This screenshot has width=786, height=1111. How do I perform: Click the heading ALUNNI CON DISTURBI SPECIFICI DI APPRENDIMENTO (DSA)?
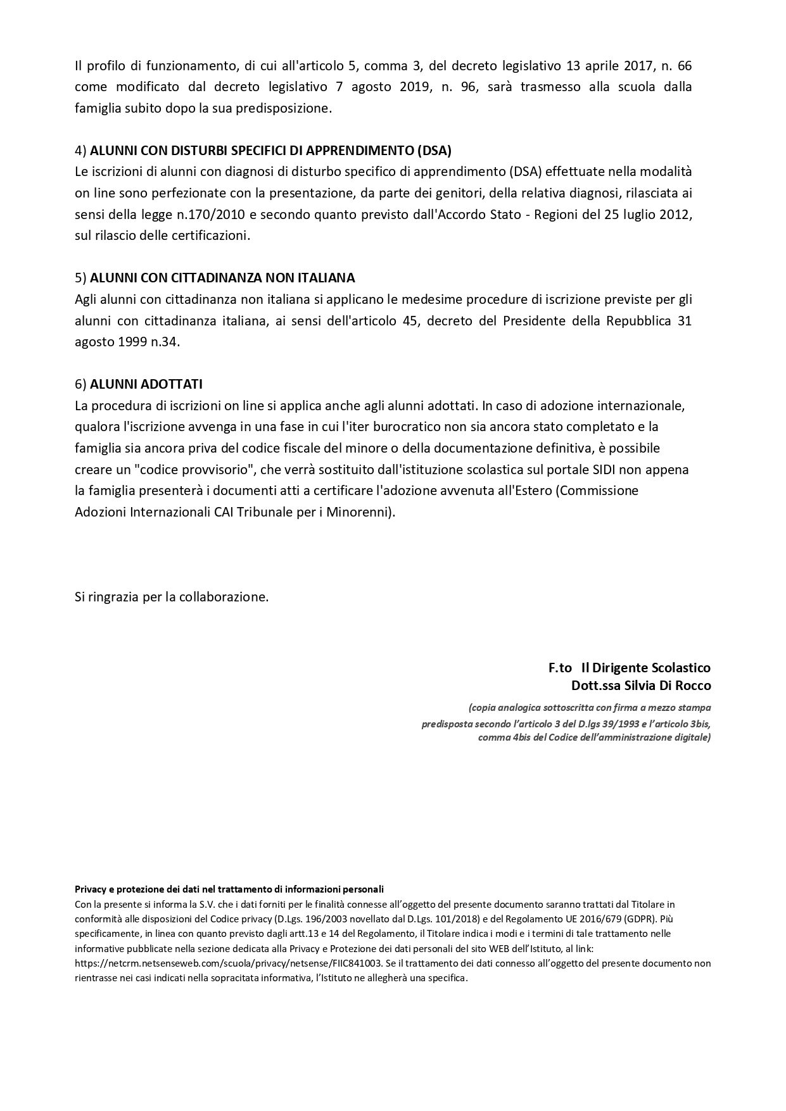click(x=270, y=151)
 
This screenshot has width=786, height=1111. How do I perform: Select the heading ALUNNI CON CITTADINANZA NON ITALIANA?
click(x=222, y=278)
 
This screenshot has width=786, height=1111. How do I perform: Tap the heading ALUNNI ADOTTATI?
click(x=146, y=384)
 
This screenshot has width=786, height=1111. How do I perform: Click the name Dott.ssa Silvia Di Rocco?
click(x=641, y=686)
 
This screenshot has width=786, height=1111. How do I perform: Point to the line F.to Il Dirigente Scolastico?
click(x=630, y=668)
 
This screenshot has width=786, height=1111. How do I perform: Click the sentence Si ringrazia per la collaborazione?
click(x=172, y=597)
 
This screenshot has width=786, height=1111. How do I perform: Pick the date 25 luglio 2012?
click(x=647, y=215)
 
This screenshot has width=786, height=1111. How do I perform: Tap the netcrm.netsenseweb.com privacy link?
click(x=228, y=963)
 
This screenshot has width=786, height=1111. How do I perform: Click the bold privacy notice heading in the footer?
click(x=229, y=889)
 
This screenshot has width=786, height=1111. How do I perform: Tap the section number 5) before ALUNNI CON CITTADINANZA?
click(x=80, y=278)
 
